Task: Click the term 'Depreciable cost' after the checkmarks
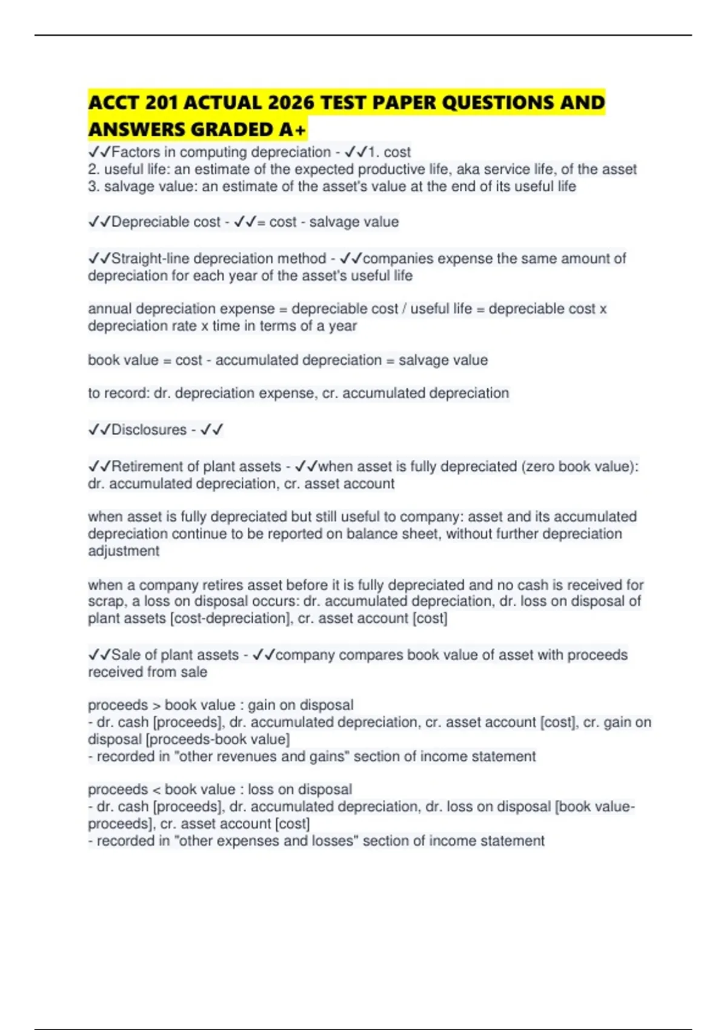[165, 222]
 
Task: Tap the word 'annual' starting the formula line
[110, 308]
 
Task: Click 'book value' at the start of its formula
[123, 360]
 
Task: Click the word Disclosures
[148, 430]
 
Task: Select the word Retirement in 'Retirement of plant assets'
[148, 467]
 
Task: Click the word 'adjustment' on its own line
[124, 551]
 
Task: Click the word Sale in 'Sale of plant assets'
[125, 655]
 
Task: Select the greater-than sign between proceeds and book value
[156, 706]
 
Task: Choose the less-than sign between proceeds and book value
[156, 790]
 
